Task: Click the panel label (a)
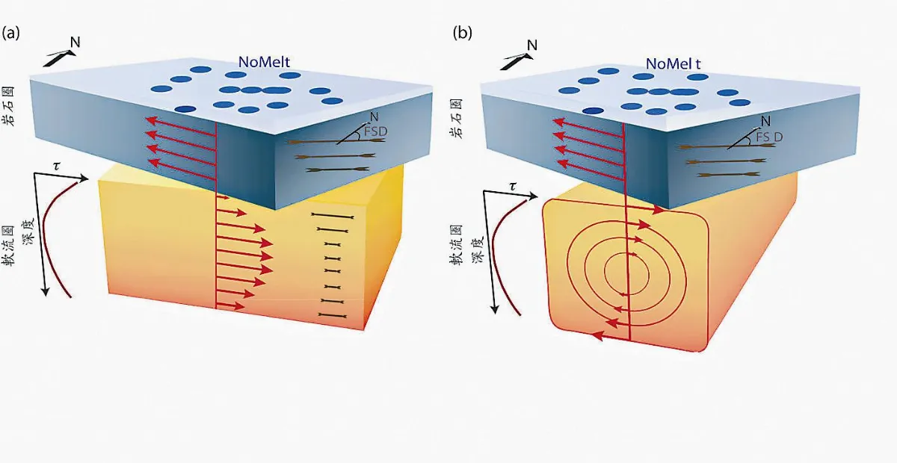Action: (10, 33)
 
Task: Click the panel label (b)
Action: (462, 33)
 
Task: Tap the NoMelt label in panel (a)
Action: (264, 62)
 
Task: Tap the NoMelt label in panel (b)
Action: (673, 63)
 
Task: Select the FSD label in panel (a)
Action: (375, 131)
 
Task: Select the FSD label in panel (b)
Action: (769, 137)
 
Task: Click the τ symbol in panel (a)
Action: (57, 166)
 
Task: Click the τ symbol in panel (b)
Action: (513, 187)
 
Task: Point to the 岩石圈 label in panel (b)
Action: (457, 119)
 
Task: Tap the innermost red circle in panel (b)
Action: (626, 273)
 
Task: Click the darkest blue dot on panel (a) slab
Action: (185, 109)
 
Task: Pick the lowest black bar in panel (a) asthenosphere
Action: (332, 316)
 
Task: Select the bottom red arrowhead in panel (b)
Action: (597, 335)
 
